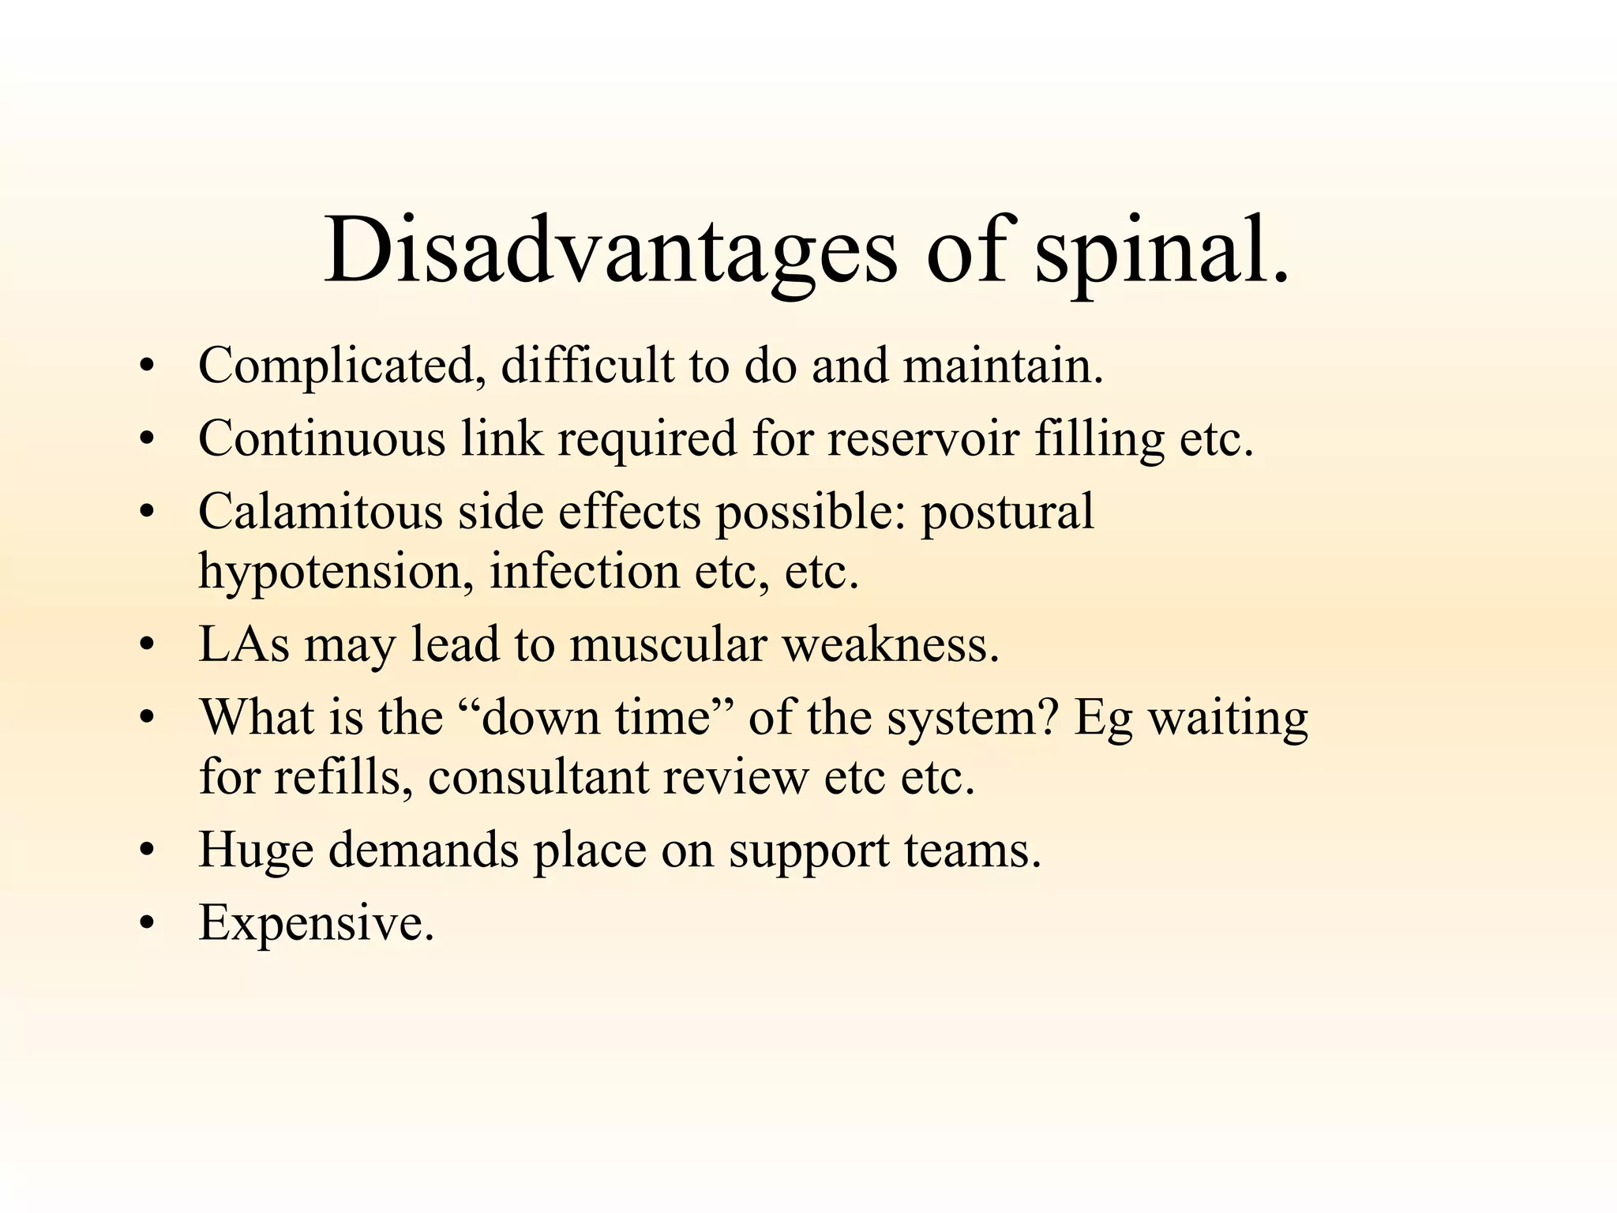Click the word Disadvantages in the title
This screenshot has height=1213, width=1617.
click(x=610, y=251)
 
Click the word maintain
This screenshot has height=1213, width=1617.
click(x=1002, y=366)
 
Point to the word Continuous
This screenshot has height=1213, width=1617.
click(x=321, y=439)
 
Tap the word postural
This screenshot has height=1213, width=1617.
click(x=1007, y=512)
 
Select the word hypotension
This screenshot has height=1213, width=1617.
click(x=330, y=572)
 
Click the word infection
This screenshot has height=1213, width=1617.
click(x=584, y=572)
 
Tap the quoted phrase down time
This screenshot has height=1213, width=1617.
click(x=596, y=718)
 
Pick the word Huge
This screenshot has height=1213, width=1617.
click(x=255, y=851)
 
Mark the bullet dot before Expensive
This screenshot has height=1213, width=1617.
click(x=145, y=924)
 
